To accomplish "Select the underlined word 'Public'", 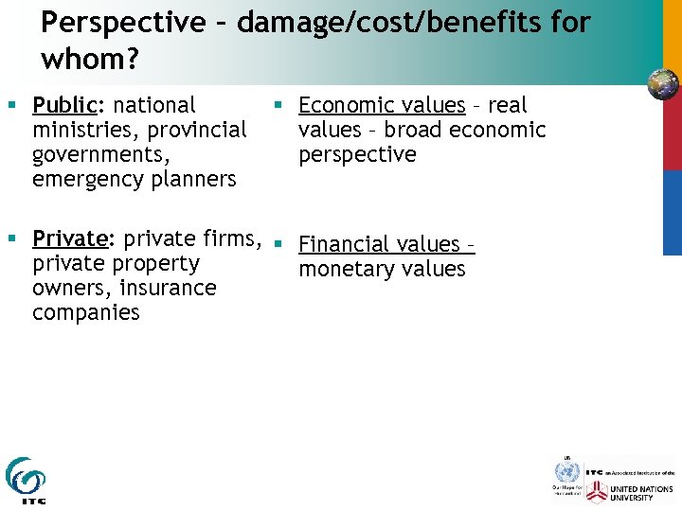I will coord(66,105).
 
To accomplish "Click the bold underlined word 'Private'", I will coord(70,238).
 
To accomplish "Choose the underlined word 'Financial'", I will coord(346,244).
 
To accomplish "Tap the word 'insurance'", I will coord(172,288).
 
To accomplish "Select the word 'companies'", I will coord(85,312).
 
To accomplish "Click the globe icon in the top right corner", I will coord(663,85).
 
